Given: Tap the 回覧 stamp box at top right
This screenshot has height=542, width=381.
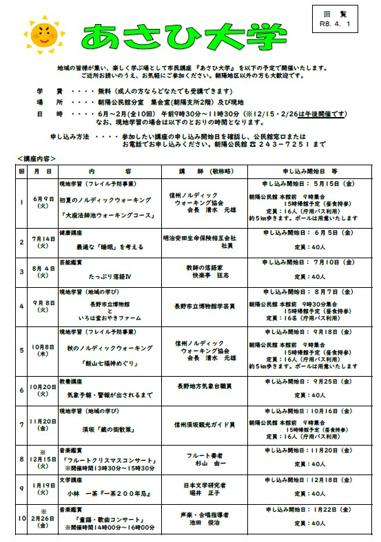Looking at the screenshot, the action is pyautogui.click(x=344, y=19).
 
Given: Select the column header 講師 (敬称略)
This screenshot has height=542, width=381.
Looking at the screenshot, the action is pyautogui.click(x=200, y=170).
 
